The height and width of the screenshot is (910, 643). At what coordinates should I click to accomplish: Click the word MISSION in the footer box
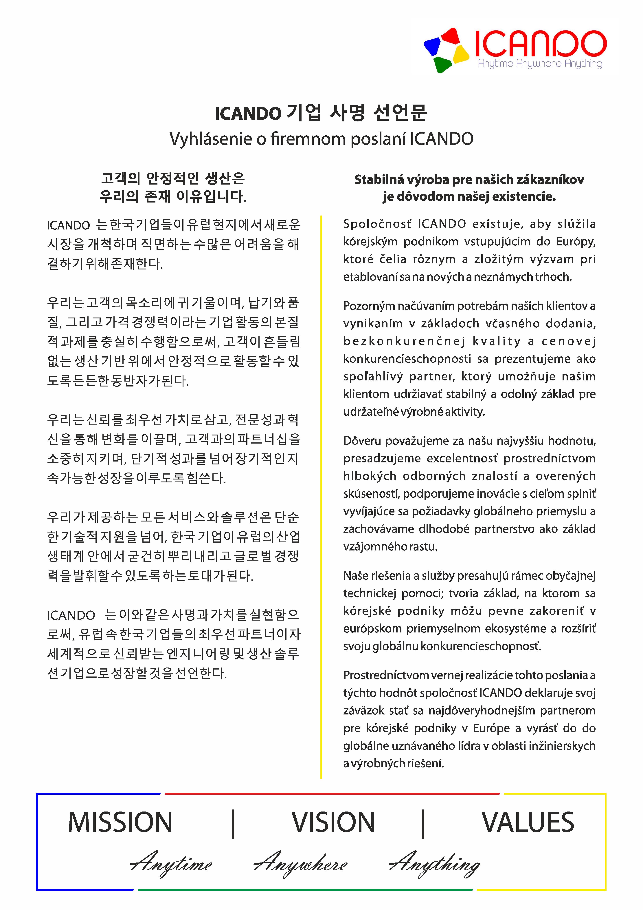click(x=120, y=822)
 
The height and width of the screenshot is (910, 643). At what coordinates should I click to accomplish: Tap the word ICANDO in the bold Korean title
click(x=247, y=114)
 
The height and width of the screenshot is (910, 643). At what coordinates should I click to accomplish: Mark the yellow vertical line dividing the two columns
click(x=321, y=495)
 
